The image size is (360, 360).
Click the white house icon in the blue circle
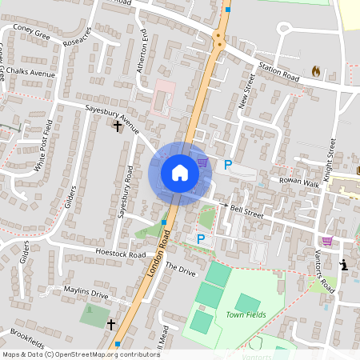pyautogui.click(x=180, y=173)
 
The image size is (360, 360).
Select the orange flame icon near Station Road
pyautogui.click(x=315, y=71)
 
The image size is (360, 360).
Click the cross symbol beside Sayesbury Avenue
pyautogui.click(x=118, y=126)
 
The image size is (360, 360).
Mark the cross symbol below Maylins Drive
pyautogui.click(x=111, y=324)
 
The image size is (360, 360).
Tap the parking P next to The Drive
pyautogui.click(x=201, y=238)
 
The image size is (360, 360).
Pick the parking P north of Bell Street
pyautogui.click(x=228, y=165)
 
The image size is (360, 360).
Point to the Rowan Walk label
pyautogui.click(x=299, y=182)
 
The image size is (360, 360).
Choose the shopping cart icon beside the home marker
pyautogui.click(x=203, y=162)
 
